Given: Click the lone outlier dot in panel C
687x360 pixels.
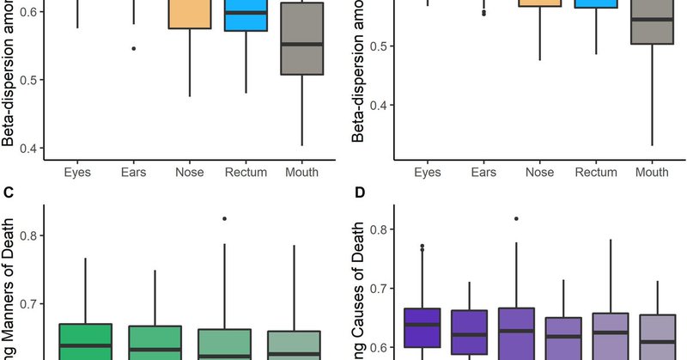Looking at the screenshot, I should (224, 218).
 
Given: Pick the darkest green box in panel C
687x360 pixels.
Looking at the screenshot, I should (84, 341).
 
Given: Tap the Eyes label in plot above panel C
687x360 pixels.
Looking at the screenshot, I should (77, 172).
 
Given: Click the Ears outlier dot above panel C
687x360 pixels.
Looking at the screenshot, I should (133, 48).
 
